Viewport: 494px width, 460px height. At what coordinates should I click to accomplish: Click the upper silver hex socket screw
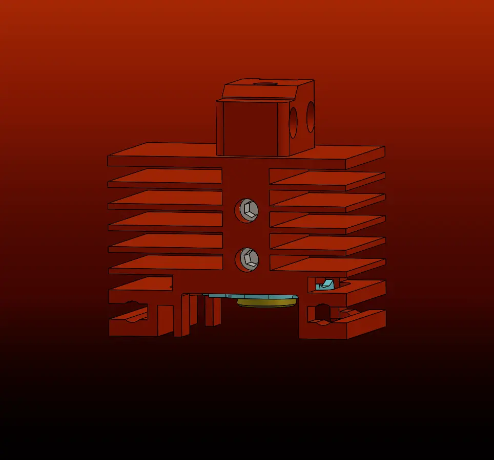click(247, 210)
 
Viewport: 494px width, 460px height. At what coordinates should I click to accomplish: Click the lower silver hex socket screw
click(247, 258)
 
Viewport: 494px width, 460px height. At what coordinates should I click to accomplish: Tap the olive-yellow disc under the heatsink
click(267, 303)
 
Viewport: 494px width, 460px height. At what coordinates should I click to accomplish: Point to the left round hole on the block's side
click(293, 122)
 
